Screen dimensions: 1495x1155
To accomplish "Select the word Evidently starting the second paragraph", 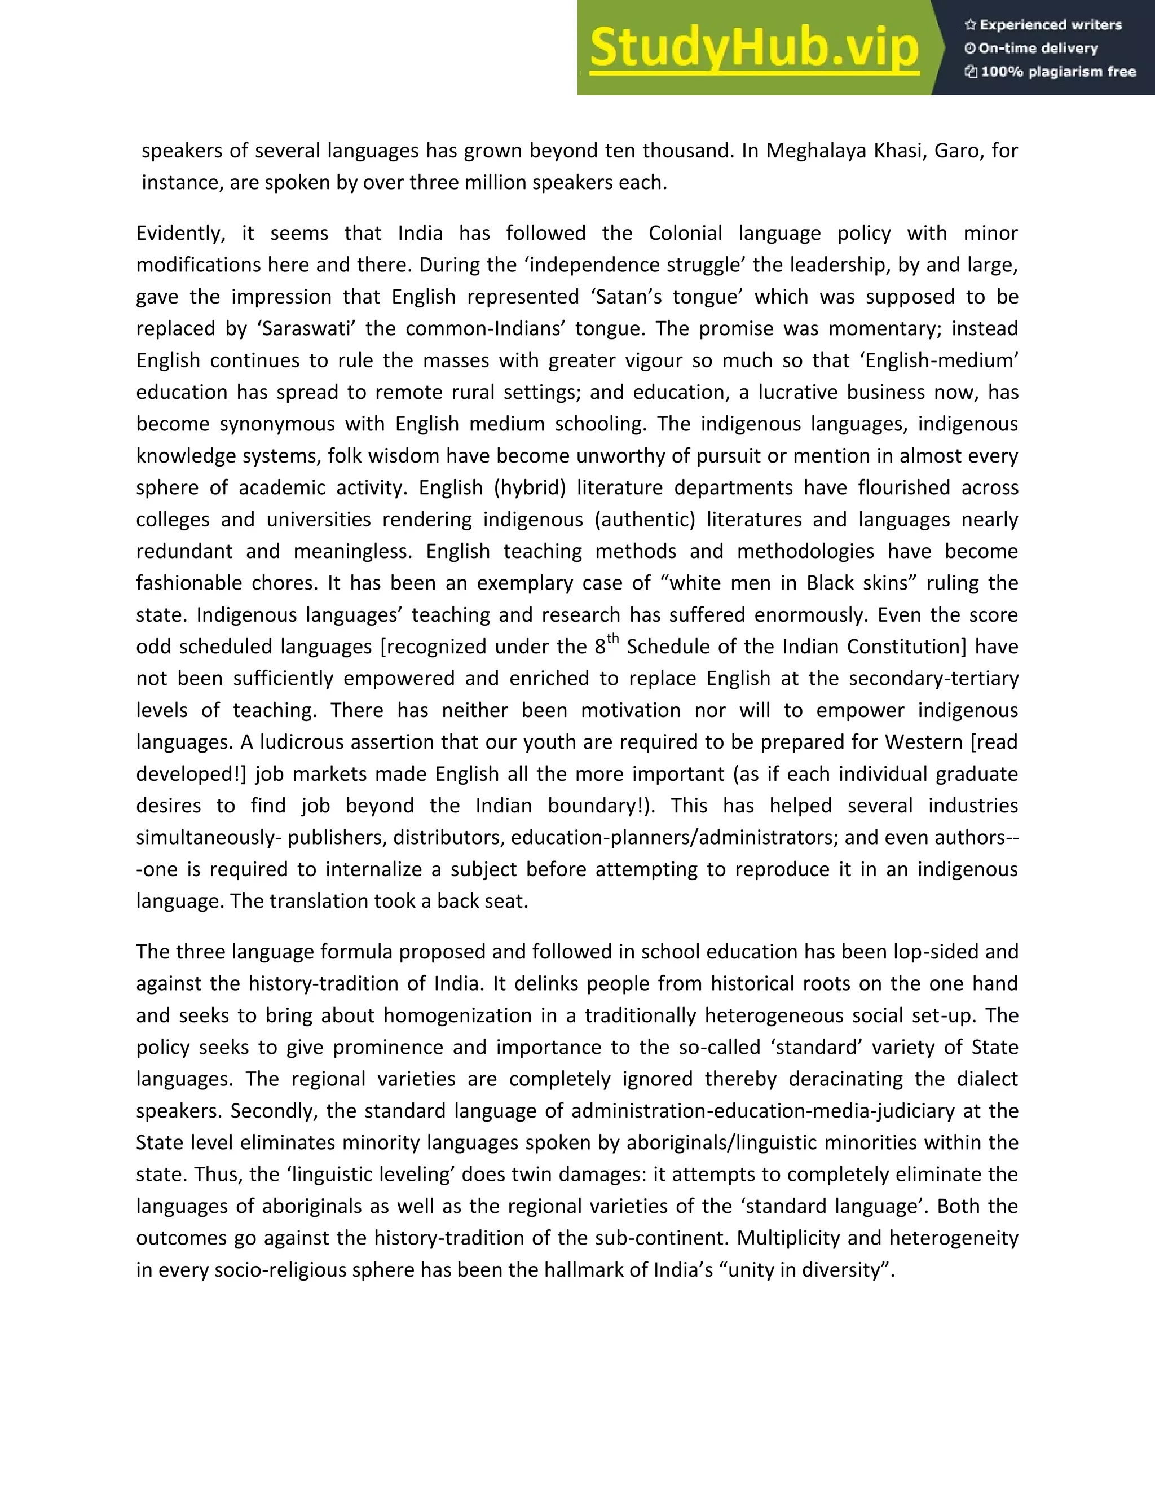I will pos(180,234).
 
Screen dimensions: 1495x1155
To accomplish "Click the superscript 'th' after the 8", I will pos(612,639).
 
